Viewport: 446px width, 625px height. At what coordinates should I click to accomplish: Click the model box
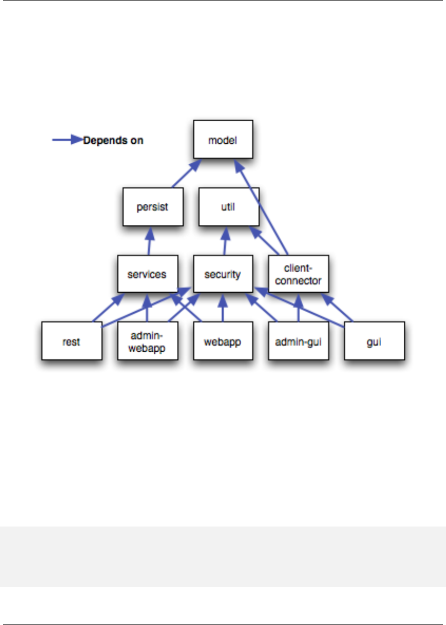(x=223, y=140)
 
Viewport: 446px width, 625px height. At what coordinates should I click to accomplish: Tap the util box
(x=229, y=206)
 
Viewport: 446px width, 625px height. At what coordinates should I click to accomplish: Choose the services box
(x=147, y=274)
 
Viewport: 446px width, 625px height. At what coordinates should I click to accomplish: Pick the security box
(x=223, y=274)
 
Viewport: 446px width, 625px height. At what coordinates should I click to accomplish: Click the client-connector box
(x=298, y=274)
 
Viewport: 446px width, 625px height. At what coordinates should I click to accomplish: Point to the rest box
(x=72, y=341)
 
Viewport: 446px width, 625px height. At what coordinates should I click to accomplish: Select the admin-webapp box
(x=147, y=341)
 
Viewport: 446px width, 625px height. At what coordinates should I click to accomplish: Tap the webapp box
(x=223, y=341)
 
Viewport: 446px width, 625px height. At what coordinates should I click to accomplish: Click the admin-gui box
(x=299, y=341)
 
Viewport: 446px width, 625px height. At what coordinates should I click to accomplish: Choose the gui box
(x=374, y=341)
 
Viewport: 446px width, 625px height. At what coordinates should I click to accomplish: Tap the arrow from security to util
(x=226, y=241)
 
